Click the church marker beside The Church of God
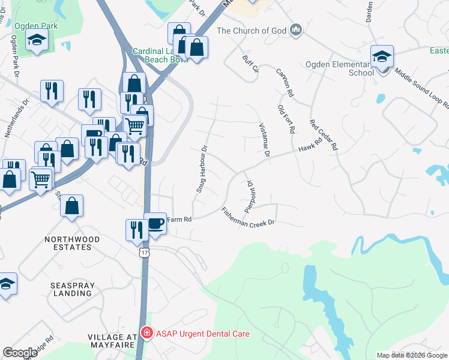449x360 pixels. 295,30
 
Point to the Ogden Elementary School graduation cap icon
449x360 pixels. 382,57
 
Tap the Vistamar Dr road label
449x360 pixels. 263,140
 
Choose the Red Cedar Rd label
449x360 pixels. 324,134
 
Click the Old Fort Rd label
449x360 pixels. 286,118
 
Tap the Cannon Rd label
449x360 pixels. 285,83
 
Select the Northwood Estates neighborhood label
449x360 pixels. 72,244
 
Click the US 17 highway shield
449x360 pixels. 144,254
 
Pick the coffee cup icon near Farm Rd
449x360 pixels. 155,223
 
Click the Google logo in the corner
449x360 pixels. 20,352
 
